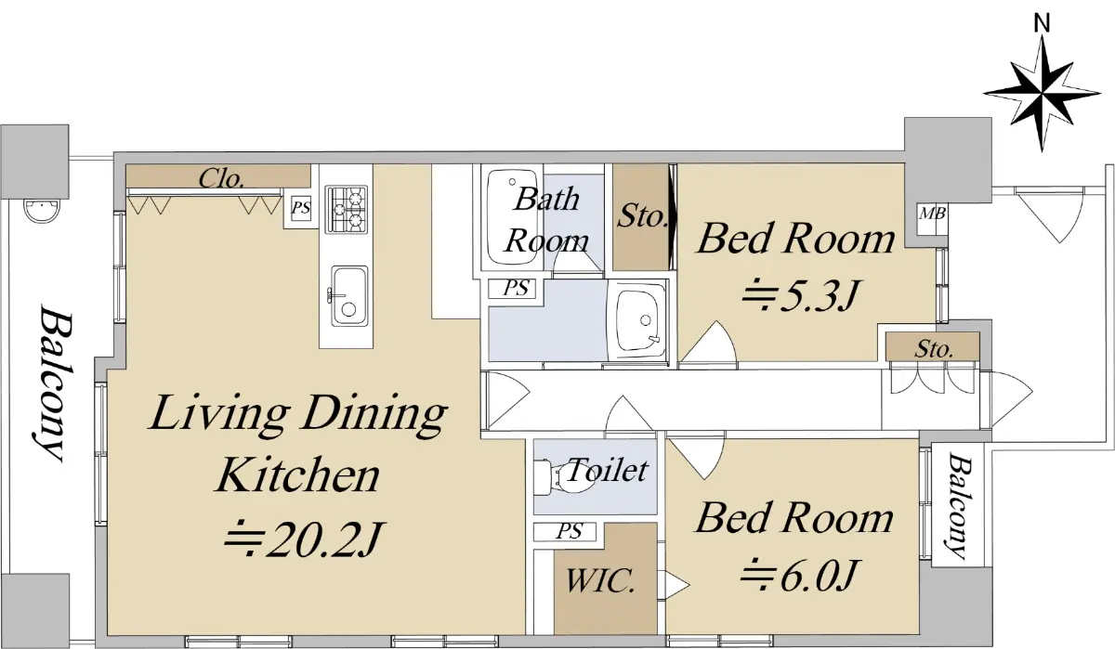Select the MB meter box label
coord(932,214)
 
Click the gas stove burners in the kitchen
coord(346,210)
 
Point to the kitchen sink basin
coord(349,295)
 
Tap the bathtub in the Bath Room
coord(511,217)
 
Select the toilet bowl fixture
coord(562,478)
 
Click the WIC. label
coord(600,580)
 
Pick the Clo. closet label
coord(221,179)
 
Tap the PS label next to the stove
coord(301,207)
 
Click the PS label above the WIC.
coord(569,532)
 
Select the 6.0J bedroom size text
coord(798,576)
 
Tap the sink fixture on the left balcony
coord(41,212)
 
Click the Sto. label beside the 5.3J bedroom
coord(642,217)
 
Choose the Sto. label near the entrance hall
coord(934,349)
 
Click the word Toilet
coord(608,470)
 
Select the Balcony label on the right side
coord(959,505)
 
